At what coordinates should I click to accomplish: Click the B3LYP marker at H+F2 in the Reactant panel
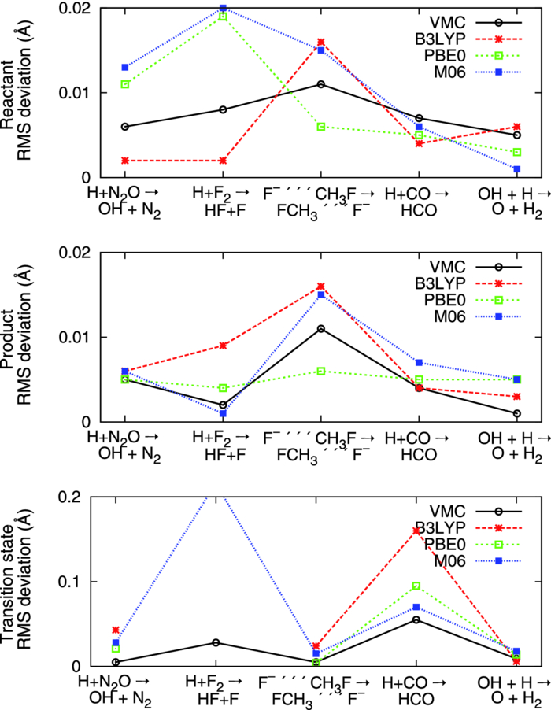tap(224, 161)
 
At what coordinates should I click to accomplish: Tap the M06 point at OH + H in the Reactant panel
tap(516, 169)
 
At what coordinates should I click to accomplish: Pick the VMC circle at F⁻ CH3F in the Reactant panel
tap(321, 84)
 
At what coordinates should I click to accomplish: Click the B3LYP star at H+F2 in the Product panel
tap(224, 346)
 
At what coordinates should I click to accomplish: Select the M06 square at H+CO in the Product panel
tap(419, 363)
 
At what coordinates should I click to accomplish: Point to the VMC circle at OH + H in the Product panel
tap(516, 413)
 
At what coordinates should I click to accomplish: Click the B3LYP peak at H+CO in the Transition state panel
tap(419, 531)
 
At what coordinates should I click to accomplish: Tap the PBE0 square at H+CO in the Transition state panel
tap(419, 586)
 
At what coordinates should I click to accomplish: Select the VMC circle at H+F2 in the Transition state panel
tap(224, 642)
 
